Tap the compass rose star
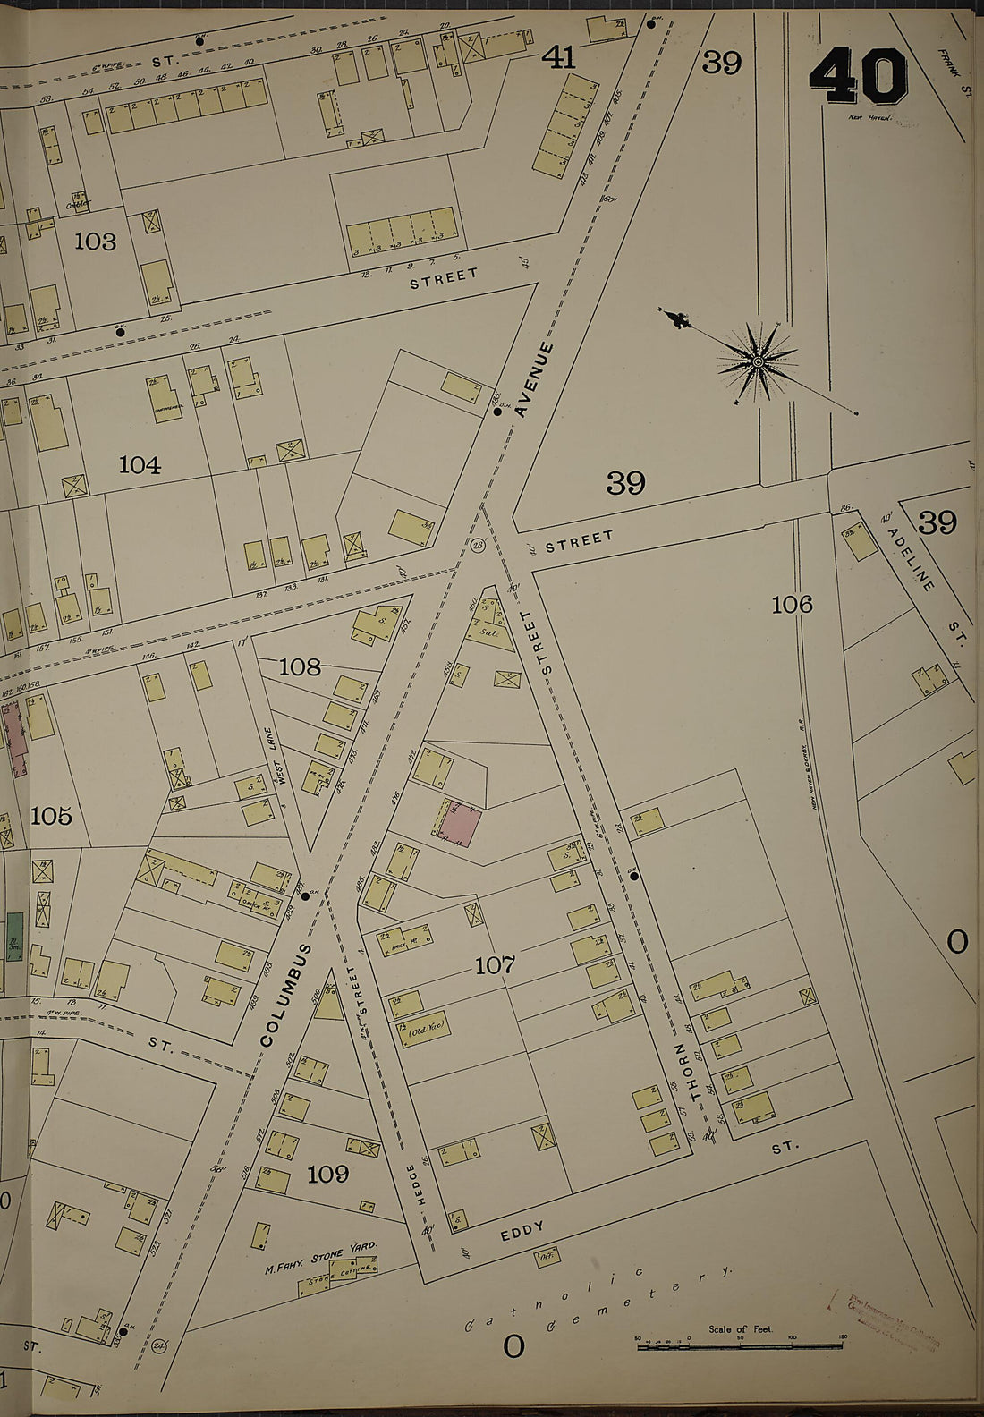pyautogui.click(x=758, y=361)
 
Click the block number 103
pyautogui.click(x=96, y=241)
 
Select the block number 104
pyautogui.click(x=140, y=464)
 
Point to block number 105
pyautogui.click(x=51, y=816)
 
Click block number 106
pyautogui.click(x=792, y=605)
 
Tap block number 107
pyautogui.click(x=495, y=964)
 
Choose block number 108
pyautogui.click(x=300, y=666)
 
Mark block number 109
pyautogui.click(x=327, y=1174)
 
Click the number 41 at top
pyautogui.click(x=558, y=59)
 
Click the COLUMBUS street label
pyautogui.click(x=288, y=994)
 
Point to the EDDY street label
pyautogui.click(x=522, y=1232)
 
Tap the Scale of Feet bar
pyautogui.click(x=742, y=1345)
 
